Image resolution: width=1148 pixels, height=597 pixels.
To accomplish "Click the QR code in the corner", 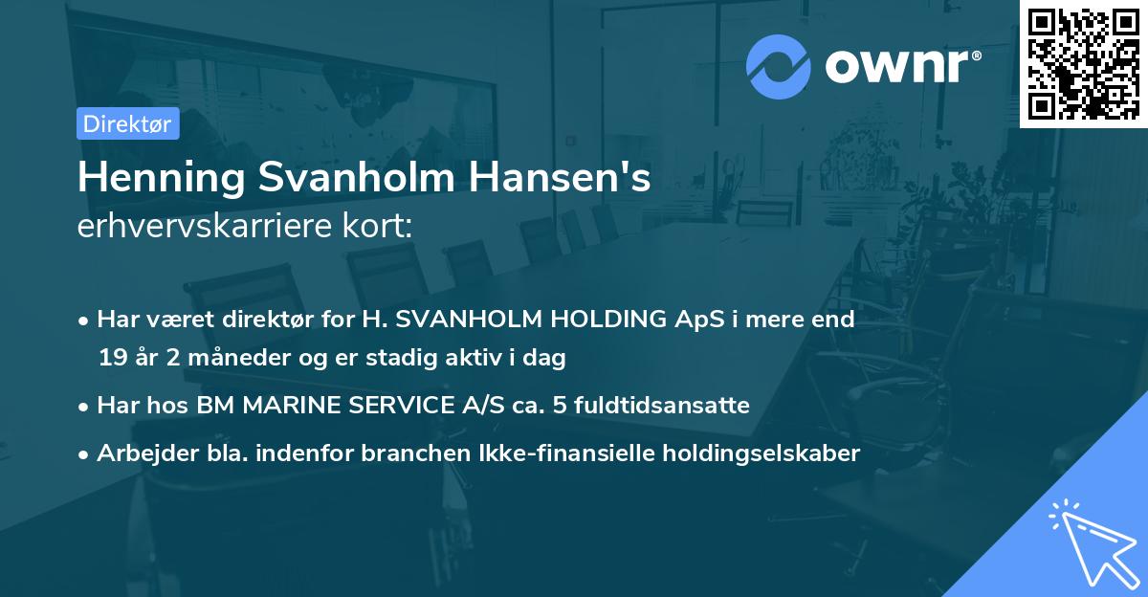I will point(1083,63).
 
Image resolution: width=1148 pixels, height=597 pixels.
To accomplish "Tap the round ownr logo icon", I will point(779,66).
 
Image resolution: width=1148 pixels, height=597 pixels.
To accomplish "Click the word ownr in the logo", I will point(900,66).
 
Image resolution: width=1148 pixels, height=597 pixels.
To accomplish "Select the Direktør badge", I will point(127,123).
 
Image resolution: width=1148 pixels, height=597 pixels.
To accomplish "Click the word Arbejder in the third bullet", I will point(141,453).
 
